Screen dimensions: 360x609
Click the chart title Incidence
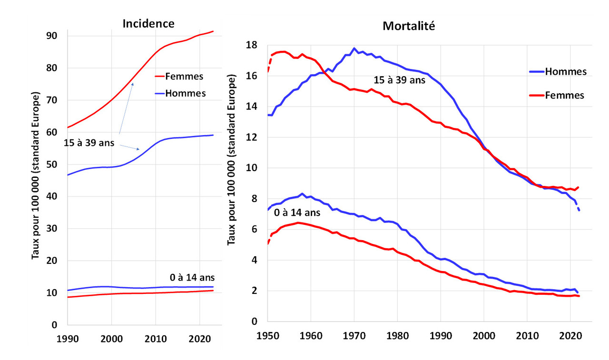click(148, 23)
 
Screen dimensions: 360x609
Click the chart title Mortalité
click(409, 26)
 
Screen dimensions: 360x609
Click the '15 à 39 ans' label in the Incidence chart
click(89, 143)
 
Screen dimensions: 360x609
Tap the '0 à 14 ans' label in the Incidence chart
click(192, 277)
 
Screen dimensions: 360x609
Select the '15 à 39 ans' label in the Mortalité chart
click(399, 80)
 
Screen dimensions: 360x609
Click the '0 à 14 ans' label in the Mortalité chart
click(297, 213)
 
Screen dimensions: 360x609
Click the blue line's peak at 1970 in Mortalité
click(354, 49)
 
